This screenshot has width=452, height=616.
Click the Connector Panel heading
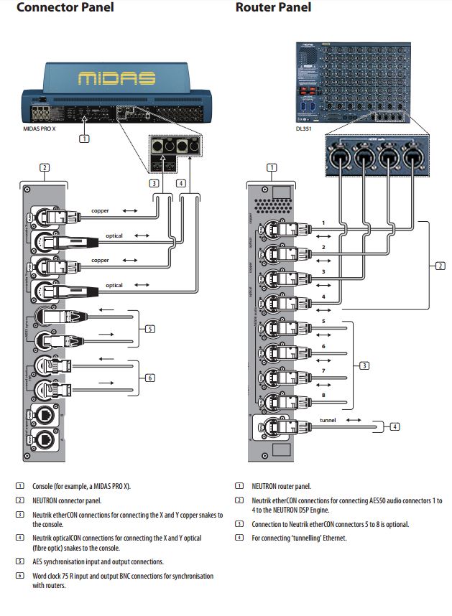[65, 8]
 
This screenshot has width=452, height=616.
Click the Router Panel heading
[274, 8]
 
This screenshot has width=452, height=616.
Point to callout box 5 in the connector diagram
[149, 330]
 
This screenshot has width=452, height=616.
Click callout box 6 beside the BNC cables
[149, 378]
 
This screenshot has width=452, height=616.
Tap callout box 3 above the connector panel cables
[154, 183]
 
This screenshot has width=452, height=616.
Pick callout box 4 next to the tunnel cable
[395, 426]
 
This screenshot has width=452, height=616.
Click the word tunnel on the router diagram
[327, 420]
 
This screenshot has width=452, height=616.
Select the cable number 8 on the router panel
[323, 394]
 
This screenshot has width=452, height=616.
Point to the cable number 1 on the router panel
[323, 223]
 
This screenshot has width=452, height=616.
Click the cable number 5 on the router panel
[323, 321]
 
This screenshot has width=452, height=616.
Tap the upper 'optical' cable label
[114, 235]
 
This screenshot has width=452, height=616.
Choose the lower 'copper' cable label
[101, 260]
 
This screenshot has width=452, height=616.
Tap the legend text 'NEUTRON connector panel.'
[68, 500]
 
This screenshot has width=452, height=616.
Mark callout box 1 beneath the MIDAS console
[84, 138]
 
